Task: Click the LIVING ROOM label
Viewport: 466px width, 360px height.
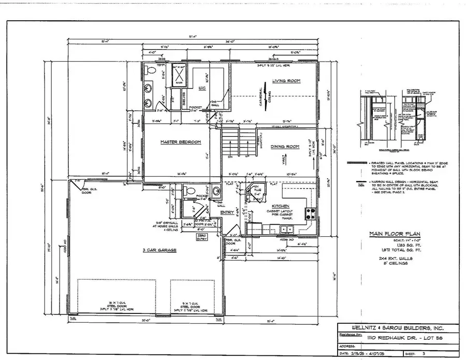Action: point(286,81)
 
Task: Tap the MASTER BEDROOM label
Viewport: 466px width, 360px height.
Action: point(180,142)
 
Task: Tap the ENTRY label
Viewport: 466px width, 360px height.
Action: point(227,212)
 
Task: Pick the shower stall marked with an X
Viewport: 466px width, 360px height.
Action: point(179,70)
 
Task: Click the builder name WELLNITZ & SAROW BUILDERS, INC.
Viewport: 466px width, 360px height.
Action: point(390,328)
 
